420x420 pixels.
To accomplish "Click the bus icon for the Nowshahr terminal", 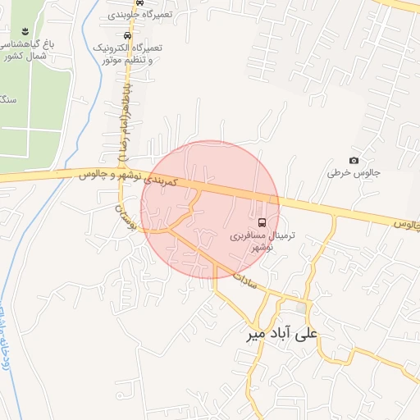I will (x=262, y=221).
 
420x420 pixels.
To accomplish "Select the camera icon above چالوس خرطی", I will (x=354, y=161).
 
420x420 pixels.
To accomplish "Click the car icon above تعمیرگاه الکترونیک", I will (x=126, y=35).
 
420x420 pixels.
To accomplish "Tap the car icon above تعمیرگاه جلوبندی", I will (x=139, y=3).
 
